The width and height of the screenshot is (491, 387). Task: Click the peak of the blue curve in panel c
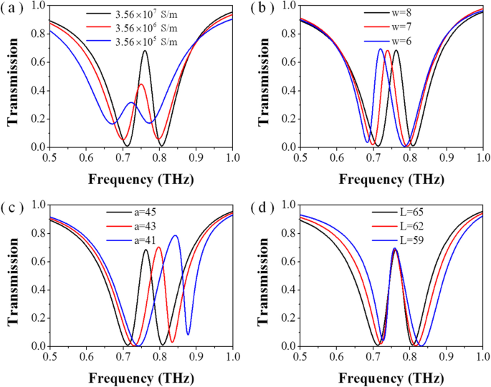[x=175, y=235]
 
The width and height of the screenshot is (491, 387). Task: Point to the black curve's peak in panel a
[x=145, y=51]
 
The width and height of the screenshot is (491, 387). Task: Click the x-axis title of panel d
[x=391, y=377]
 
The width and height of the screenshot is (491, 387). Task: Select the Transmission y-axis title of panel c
[x=12, y=275]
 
